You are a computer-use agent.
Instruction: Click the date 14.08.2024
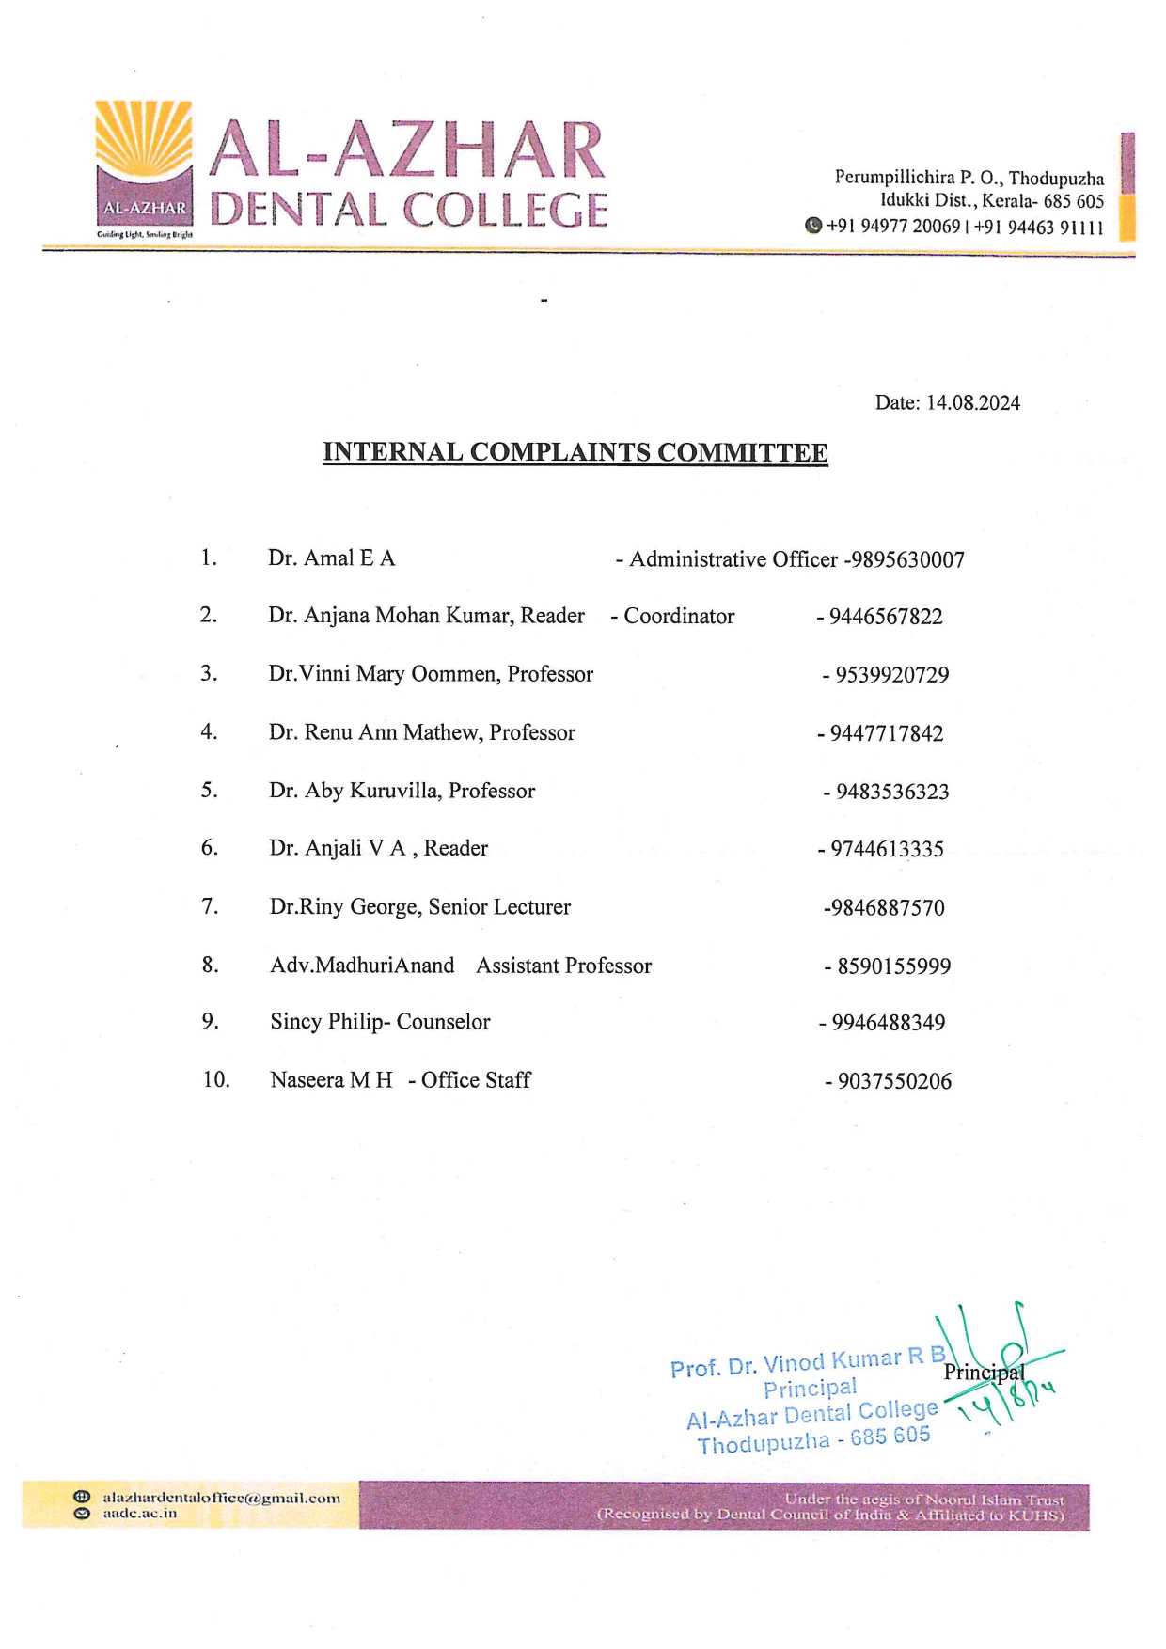(972, 403)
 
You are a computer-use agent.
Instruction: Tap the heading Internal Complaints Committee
(575, 452)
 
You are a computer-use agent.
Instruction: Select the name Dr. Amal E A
(331, 558)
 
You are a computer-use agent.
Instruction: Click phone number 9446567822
(885, 617)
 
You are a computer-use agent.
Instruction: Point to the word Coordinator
(679, 617)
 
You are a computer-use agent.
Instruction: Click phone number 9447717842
(886, 733)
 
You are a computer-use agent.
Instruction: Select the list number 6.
(209, 848)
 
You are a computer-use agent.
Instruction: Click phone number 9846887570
(884, 908)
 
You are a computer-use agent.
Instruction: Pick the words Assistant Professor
(563, 966)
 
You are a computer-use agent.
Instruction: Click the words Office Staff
(476, 1080)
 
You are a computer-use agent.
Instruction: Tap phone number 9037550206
(894, 1081)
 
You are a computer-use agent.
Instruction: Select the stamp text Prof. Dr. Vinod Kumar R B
(808, 1361)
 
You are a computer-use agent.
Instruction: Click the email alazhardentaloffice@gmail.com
(221, 1498)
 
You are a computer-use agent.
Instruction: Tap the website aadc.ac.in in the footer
(139, 1514)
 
